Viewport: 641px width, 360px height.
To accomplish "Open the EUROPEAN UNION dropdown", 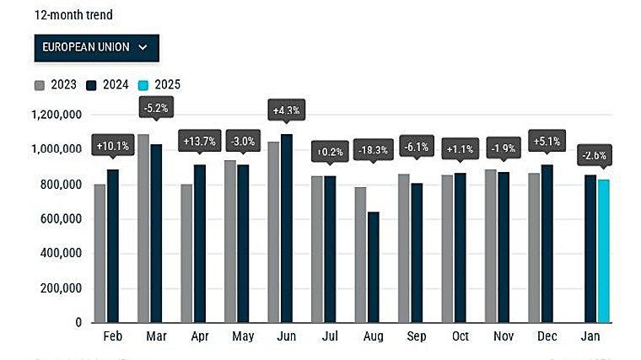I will (96, 47).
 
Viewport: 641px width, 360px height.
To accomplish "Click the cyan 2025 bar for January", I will (603, 250).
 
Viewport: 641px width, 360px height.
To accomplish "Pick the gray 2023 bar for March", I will (143, 228).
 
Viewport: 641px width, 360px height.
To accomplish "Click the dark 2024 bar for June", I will (287, 228).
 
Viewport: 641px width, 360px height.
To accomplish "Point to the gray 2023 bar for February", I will (100, 253).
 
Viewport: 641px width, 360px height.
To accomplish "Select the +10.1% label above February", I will (113, 145).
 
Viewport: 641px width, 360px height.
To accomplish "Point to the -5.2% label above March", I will (156, 107).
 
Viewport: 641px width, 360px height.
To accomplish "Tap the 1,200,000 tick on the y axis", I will (56, 115).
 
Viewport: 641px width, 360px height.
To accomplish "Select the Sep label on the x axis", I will (417, 336).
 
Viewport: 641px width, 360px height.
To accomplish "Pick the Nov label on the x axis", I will (504, 336).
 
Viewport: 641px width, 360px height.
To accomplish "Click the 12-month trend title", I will (73, 14).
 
